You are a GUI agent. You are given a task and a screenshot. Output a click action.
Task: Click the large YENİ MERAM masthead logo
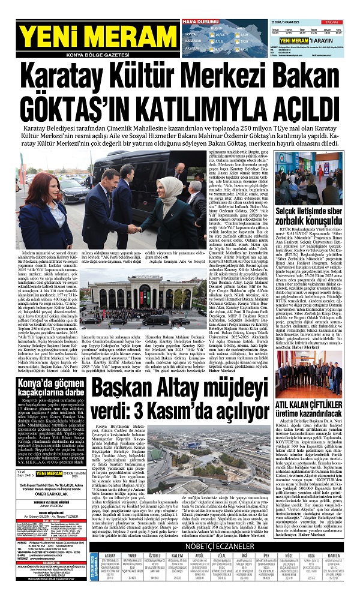tap(69, 38)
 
